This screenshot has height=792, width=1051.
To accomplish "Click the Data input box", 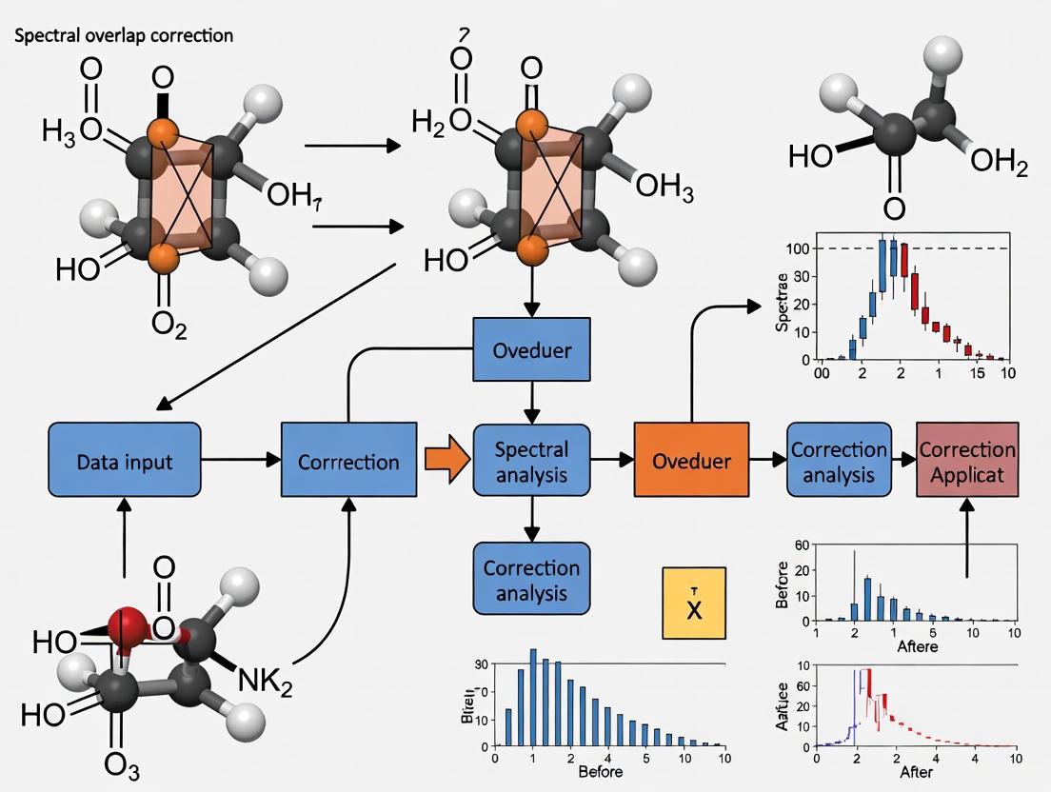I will (x=126, y=461).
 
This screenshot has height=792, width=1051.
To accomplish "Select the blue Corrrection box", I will (x=348, y=461).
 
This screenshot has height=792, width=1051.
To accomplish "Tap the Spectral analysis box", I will (x=532, y=461).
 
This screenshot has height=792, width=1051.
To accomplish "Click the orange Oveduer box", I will (x=691, y=461).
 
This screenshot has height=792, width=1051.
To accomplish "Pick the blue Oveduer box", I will (x=532, y=350).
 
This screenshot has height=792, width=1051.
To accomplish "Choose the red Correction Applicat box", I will (x=965, y=461).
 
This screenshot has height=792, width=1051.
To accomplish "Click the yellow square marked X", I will (x=694, y=603).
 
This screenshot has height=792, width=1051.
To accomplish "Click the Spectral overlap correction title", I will (x=124, y=35).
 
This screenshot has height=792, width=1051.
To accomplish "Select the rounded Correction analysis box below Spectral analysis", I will (x=532, y=580).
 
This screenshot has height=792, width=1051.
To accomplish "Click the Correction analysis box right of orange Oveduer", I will (x=839, y=461).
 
